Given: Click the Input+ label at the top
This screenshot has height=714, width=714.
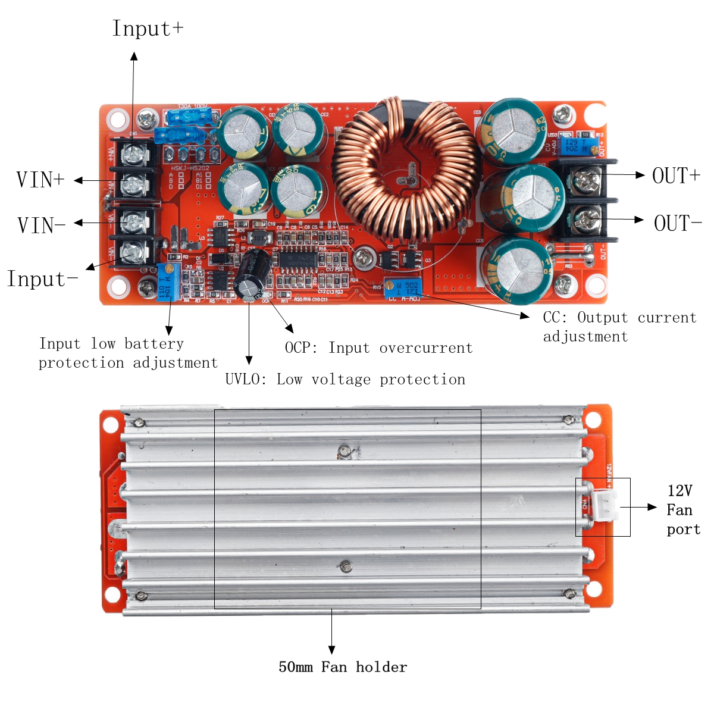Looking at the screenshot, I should tap(148, 29).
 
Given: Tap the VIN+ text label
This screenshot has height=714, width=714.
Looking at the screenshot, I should tap(40, 180).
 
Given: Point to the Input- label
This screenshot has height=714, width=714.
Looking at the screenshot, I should tap(42, 279).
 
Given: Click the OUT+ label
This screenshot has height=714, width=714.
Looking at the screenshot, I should tap(677, 176).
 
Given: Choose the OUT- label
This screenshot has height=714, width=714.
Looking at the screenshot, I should tap(678, 224).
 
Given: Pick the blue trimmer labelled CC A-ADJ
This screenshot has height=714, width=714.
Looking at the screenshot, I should tap(403, 288).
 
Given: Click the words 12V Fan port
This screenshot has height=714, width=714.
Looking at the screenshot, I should tap(682, 510).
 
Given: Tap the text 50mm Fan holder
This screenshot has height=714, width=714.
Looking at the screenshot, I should tap(343, 667).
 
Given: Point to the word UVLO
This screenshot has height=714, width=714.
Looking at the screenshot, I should tap(245, 380).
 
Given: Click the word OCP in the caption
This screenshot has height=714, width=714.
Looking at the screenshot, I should tap(302, 348).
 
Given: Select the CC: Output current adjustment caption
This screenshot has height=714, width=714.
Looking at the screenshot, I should tap(619, 327).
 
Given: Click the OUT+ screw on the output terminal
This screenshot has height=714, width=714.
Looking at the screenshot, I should tap(588, 177).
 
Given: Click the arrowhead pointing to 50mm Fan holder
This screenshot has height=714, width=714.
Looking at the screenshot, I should tap(331, 650).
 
